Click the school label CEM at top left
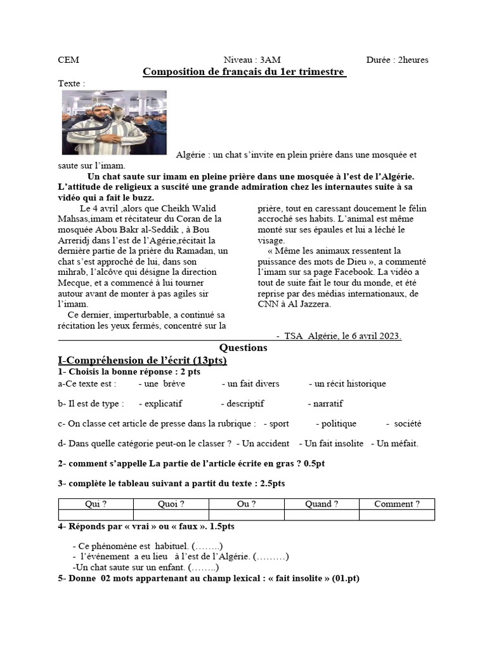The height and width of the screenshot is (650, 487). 68,60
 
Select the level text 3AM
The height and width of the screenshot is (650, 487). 269,60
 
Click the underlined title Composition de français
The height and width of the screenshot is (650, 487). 244,72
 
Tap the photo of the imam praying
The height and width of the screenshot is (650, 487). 114,122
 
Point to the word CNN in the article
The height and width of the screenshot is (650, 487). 268,304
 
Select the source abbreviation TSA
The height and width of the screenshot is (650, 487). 294,336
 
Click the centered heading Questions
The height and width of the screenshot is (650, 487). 243,348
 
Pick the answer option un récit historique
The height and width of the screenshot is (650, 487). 347,383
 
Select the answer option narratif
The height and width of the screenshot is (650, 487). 327,404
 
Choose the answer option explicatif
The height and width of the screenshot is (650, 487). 160,404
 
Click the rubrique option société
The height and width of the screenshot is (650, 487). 407,423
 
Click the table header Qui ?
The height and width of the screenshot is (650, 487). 96,504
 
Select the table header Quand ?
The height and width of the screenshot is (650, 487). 321,504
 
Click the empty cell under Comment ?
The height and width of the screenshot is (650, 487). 397,515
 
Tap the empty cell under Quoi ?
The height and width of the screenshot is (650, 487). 171,515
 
